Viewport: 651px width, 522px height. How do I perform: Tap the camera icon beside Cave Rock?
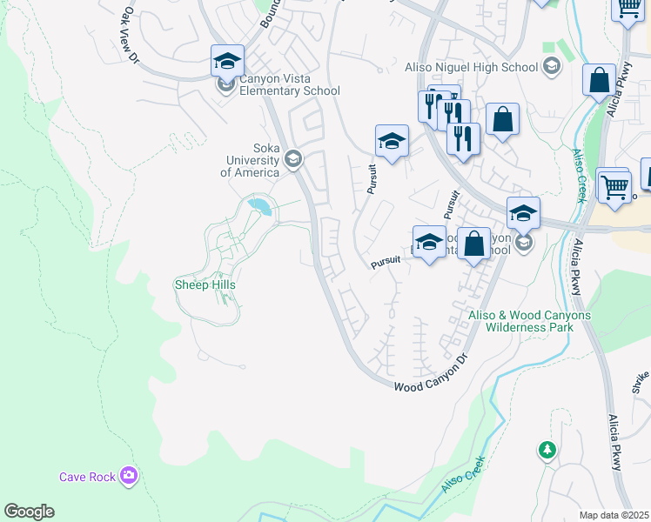tap(130, 475)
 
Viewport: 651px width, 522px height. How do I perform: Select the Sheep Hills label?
tap(205, 284)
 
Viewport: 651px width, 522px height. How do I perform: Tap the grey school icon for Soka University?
tap(293, 158)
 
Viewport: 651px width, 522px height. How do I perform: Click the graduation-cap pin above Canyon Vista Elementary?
tap(227, 62)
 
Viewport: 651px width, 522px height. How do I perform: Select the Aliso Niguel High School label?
tap(472, 67)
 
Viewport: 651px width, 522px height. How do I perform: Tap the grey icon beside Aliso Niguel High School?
tap(551, 66)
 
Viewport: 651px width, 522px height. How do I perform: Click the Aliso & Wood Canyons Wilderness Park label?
tap(529, 321)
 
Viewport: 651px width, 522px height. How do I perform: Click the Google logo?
tap(29, 512)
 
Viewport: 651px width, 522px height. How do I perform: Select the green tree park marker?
tap(547, 450)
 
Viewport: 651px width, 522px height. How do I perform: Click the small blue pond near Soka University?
tap(259, 206)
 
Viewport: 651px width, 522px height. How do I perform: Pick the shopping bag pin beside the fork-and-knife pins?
tap(502, 120)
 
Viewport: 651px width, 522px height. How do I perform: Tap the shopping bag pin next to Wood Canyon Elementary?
tap(473, 244)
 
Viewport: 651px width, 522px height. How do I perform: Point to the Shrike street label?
tap(642, 380)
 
